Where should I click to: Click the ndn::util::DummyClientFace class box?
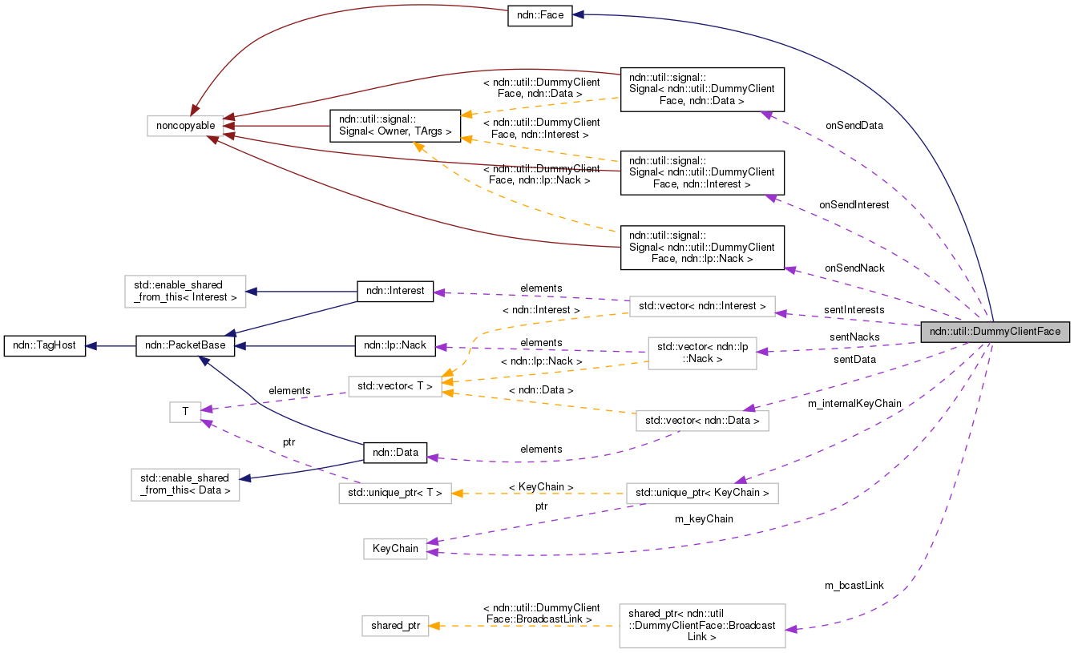pyautogui.click(x=995, y=332)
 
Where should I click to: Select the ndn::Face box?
pyautogui.click(x=539, y=15)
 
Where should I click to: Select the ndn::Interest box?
pyautogui.click(x=394, y=291)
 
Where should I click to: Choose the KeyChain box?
pyautogui.click(x=395, y=549)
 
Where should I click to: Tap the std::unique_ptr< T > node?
pyautogui.click(x=395, y=493)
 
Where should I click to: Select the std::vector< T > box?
pyautogui.click(x=395, y=386)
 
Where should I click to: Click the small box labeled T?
pyautogui.click(x=185, y=412)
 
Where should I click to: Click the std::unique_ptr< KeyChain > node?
pyautogui.click(x=701, y=493)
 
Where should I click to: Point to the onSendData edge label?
pyautogui.click(x=854, y=125)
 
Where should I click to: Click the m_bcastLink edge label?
pyautogui.click(x=854, y=585)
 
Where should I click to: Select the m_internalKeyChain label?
pyautogui.click(x=854, y=403)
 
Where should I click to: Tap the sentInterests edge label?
pyautogui.click(x=854, y=309)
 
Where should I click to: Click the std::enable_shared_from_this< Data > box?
pyautogui.click(x=185, y=485)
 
